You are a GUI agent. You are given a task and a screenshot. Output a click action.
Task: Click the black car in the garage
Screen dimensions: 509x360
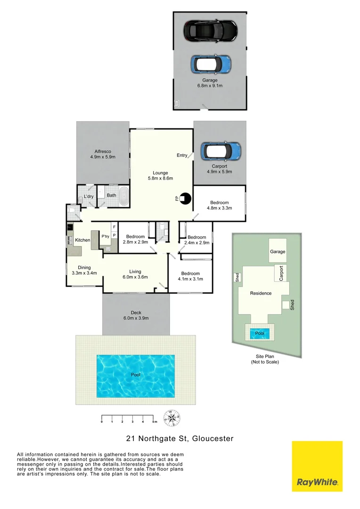[x=210, y=31]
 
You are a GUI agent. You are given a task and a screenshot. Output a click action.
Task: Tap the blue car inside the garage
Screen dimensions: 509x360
[x=211, y=64]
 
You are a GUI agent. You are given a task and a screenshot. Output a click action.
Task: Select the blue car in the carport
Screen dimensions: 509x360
[x=220, y=151]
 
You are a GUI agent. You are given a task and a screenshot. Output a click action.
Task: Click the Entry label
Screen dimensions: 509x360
[x=182, y=155]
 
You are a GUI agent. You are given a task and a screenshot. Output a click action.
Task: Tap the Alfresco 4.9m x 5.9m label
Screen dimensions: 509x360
[x=103, y=154]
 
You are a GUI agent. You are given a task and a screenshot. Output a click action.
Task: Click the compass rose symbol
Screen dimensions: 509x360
[x=172, y=417]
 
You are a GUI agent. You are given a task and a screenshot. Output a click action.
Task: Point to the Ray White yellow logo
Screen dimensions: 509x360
[x=317, y=466]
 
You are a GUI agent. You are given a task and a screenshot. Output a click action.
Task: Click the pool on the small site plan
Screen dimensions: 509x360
[x=260, y=333]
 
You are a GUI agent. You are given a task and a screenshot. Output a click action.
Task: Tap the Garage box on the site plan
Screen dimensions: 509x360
[x=278, y=252]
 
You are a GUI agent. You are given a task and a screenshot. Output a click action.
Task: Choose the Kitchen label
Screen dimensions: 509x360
[x=82, y=240]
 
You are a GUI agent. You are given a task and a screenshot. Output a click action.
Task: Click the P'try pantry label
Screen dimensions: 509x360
[x=105, y=237]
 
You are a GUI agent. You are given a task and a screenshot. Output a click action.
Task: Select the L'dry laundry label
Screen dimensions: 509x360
[x=88, y=196]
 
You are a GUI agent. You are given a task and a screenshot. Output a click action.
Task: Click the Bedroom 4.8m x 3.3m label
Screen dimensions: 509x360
[x=219, y=205]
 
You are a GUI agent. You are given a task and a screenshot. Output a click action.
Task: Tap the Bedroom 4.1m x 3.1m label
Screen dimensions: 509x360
[x=190, y=276]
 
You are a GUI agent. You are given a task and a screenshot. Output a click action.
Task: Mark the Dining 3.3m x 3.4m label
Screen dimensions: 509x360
[x=84, y=270]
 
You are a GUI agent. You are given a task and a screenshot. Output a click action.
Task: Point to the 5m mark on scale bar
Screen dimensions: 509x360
[x=155, y=421]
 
